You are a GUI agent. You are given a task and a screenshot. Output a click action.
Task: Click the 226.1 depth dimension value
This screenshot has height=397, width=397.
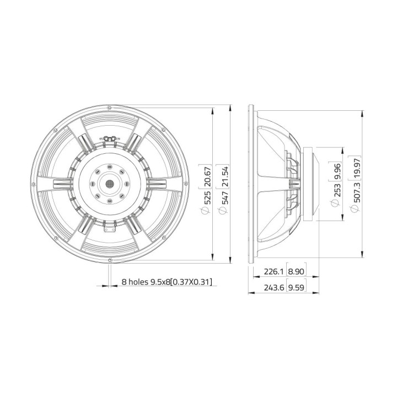pyautogui.click(x=274, y=271)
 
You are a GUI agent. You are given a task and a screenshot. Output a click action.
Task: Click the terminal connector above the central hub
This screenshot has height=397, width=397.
pyautogui.click(x=109, y=140)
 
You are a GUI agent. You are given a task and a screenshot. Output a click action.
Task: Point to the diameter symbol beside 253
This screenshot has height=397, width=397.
pyautogui.click(x=336, y=205)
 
